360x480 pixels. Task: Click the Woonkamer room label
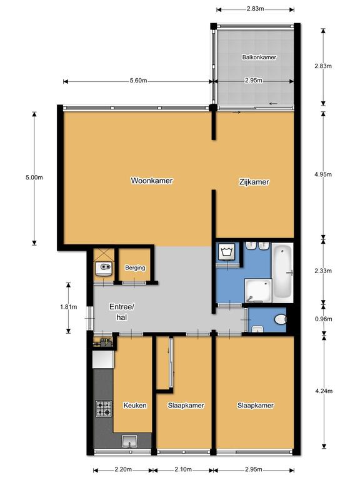152,181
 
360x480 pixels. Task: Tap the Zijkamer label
254,182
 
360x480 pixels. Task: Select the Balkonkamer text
259,57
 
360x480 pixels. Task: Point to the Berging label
135,267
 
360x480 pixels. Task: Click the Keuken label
135,405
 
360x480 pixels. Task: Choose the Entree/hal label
121,312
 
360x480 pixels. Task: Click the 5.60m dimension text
138,81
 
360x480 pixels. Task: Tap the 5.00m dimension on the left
34,177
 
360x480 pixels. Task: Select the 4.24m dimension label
324,391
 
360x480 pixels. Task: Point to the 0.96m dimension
324,319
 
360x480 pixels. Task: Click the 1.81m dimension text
69,307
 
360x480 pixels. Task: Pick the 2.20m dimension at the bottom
123,469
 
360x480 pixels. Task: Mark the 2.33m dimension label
323,271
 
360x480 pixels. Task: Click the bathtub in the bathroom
282,272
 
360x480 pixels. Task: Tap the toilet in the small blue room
280,319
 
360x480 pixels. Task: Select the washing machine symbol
226,252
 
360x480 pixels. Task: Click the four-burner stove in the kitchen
104,409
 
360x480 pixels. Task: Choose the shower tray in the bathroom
258,291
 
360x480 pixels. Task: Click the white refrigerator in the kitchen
103,359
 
